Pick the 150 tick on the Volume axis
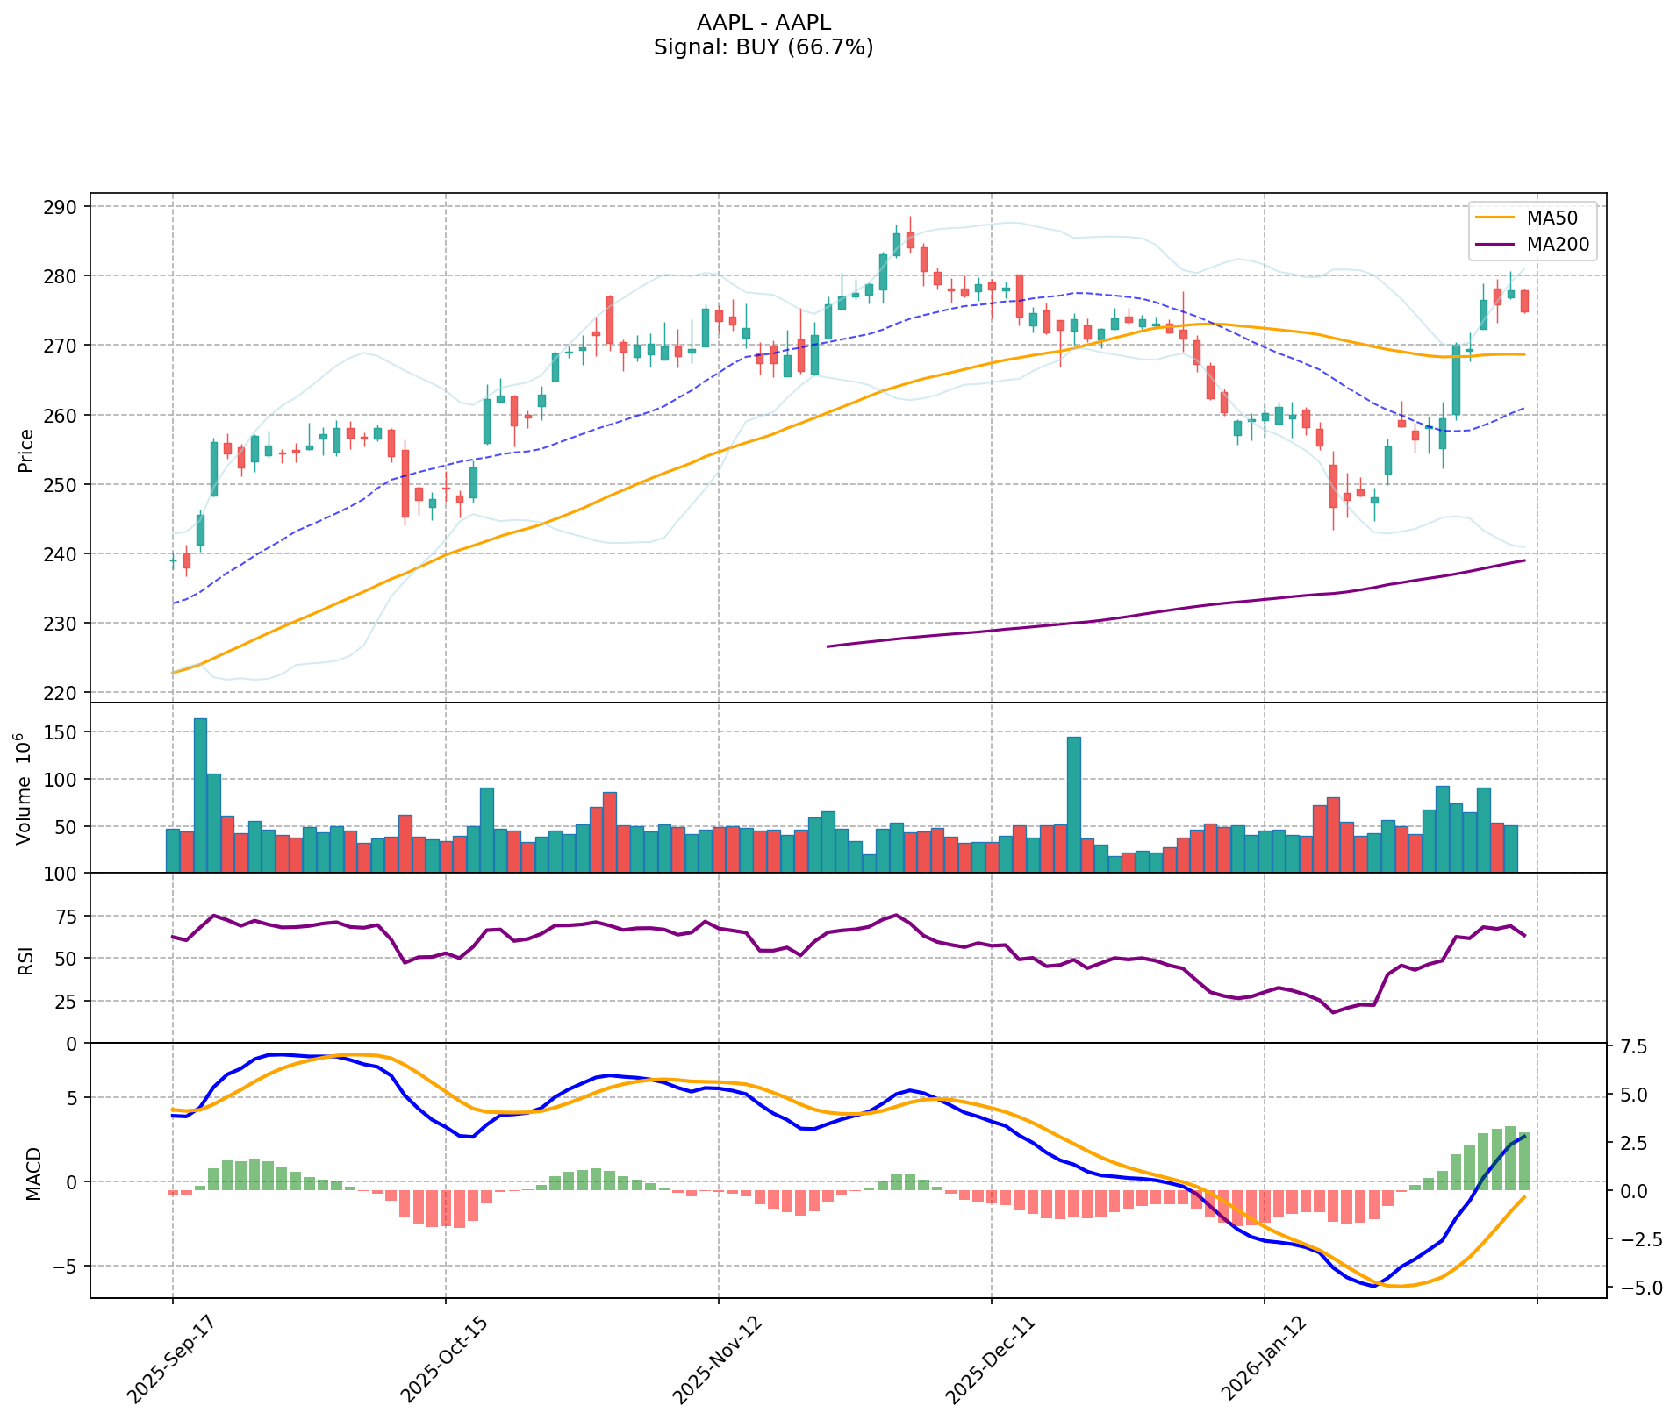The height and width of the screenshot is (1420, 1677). point(63,732)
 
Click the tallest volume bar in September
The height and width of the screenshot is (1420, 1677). point(200,795)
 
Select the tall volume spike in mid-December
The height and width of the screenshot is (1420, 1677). point(1073,803)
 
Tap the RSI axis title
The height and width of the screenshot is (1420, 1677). point(27,960)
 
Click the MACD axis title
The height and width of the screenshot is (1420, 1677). point(33,1174)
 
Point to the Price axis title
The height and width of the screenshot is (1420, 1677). point(26,450)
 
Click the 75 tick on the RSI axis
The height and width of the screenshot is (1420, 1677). point(67,917)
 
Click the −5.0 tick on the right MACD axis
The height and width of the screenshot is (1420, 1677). point(1631,1288)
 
